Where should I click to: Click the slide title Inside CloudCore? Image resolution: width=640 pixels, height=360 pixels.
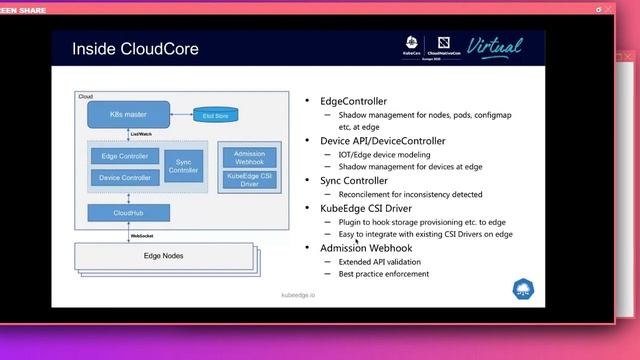tap(135, 49)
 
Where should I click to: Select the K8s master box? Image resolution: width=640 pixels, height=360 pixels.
tap(128, 115)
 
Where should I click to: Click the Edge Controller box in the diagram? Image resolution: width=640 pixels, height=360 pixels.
tap(125, 157)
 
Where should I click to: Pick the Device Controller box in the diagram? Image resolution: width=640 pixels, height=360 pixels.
tap(125, 177)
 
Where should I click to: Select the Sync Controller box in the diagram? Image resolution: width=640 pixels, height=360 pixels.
tap(183, 166)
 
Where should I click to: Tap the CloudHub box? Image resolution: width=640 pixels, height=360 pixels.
tap(128, 212)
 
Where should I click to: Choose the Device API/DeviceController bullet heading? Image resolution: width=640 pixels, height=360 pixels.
tap(383, 141)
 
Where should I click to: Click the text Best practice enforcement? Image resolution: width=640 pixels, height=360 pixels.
tap(384, 273)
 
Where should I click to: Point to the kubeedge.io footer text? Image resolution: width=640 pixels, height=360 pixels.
tap(297, 296)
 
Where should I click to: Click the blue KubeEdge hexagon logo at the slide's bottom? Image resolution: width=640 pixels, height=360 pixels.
tap(523, 288)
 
